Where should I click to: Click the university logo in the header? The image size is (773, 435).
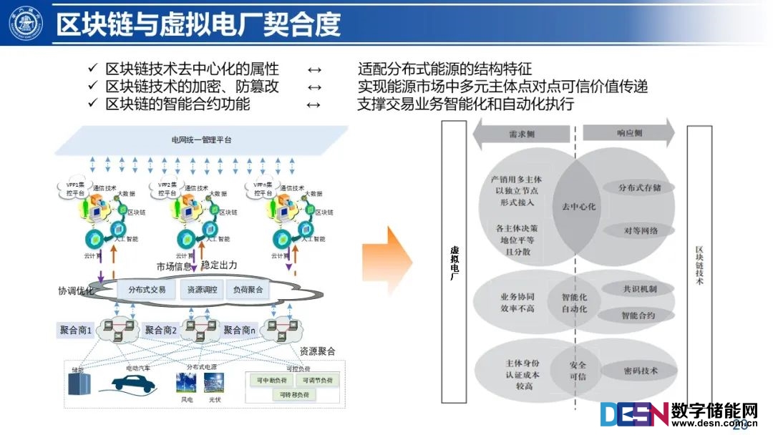click(x=26, y=23)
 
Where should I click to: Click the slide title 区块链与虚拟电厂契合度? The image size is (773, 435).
click(x=199, y=24)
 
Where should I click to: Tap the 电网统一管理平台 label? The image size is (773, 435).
click(x=201, y=140)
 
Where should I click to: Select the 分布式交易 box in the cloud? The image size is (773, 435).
click(x=147, y=290)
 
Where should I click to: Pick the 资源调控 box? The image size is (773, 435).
click(x=201, y=290)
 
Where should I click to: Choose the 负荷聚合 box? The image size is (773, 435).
click(x=248, y=290)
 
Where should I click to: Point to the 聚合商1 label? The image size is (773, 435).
click(x=75, y=330)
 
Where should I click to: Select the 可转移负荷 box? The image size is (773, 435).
click(x=294, y=395)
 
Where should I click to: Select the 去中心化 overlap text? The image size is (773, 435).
click(x=578, y=206)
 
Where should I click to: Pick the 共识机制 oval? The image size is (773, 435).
click(x=638, y=289)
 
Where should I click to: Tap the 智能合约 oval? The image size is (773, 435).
click(x=637, y=315)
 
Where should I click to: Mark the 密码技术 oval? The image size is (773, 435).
click(x=638, y=371)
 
